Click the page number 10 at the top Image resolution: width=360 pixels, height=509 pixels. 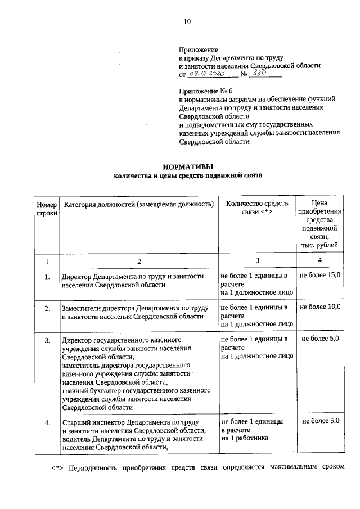[x=188, y=22]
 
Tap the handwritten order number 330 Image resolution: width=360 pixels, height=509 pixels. [x=259, y=74]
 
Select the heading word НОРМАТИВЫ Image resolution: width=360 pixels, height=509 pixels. [x=188, y=166]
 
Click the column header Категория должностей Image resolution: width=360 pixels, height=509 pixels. [x=138, y=203]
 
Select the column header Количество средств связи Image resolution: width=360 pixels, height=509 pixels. [x=256, y=208]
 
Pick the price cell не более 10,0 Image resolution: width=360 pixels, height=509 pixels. [x=319, y=308]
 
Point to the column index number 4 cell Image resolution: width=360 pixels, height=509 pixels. [x=319, y=260]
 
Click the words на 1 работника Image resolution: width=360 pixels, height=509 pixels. [x=245, y=438]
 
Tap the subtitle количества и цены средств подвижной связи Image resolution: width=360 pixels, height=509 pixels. [x=188, y=175]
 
